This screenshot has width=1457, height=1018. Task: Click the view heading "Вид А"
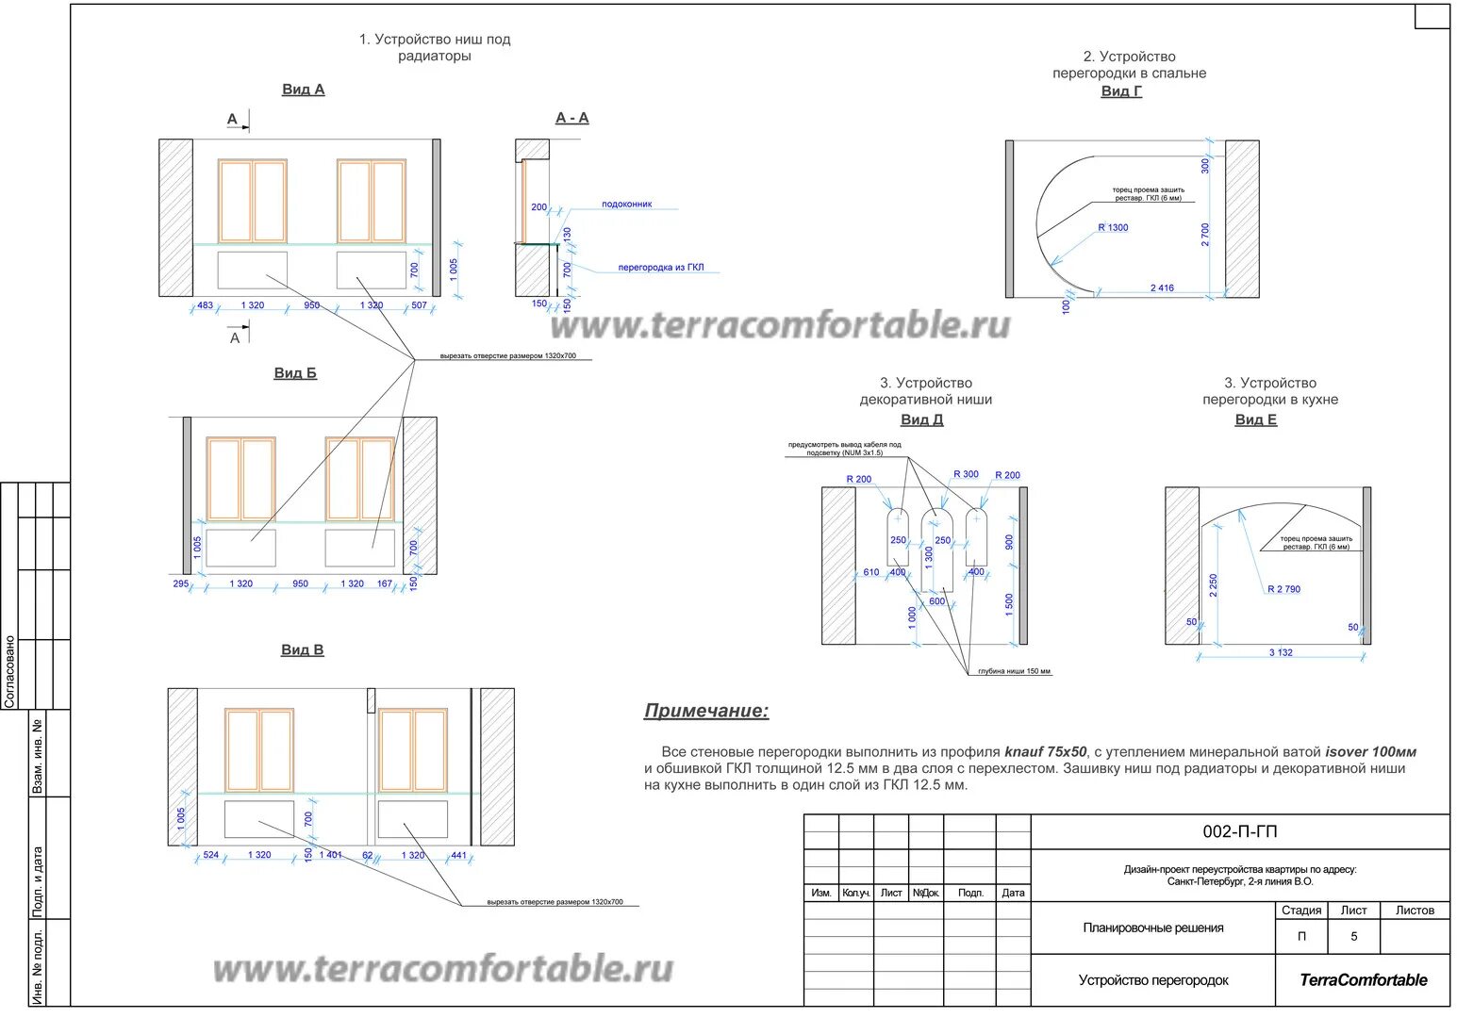point(303,90)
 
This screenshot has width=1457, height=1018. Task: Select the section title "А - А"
point(571,118)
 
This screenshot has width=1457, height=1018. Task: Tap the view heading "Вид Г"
point(1121,91)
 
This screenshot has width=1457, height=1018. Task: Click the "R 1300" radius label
point(1113,228)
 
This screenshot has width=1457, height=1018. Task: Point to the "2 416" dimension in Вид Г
point(1162,288)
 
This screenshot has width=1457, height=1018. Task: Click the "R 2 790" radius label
point(1283,589)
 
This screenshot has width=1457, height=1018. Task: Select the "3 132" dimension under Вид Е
point(1281,652)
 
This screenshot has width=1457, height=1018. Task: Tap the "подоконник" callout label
point(627,205)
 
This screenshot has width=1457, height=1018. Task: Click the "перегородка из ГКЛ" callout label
point(661,268)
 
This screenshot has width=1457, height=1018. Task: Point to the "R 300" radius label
point(966,475)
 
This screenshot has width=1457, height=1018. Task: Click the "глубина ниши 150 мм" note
point(1014,672)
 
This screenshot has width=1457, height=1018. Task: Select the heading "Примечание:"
point(706,711)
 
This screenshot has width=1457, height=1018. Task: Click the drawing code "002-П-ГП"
point(1239,831)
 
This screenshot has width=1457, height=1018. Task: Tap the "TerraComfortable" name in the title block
point(1363,980)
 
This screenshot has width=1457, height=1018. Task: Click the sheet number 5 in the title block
point(1353,937)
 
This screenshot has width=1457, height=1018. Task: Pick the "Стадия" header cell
point(1301,911)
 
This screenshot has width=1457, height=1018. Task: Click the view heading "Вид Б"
point(295,373)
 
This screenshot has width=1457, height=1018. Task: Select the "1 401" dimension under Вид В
point(331,855)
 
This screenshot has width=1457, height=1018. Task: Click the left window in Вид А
point(253,201)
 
